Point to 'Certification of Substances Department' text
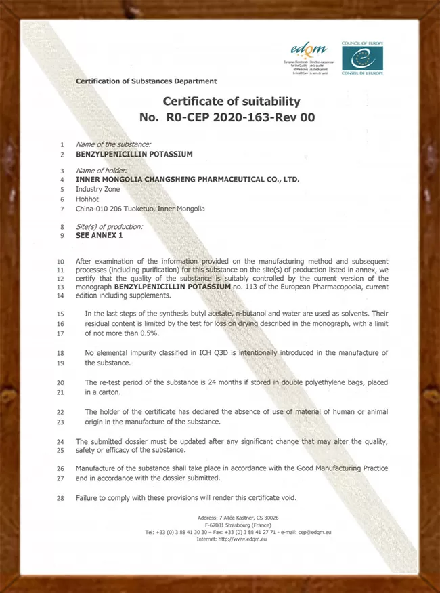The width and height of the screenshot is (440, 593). click(x=146, y=81)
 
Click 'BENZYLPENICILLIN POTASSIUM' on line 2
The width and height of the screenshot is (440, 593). click(x=134, y=154)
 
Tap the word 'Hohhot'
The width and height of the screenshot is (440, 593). click(x=87, y=199)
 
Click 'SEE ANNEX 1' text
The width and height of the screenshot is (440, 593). click(x=100, y=235)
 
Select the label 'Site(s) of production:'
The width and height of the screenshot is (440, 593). click(x=109, y=226)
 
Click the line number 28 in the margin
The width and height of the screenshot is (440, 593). click(x=60, y=498)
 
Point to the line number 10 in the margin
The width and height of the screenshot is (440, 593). click(x=60, y=261)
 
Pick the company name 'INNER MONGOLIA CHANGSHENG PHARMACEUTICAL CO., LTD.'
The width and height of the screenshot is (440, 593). click(x=188, y=180)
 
